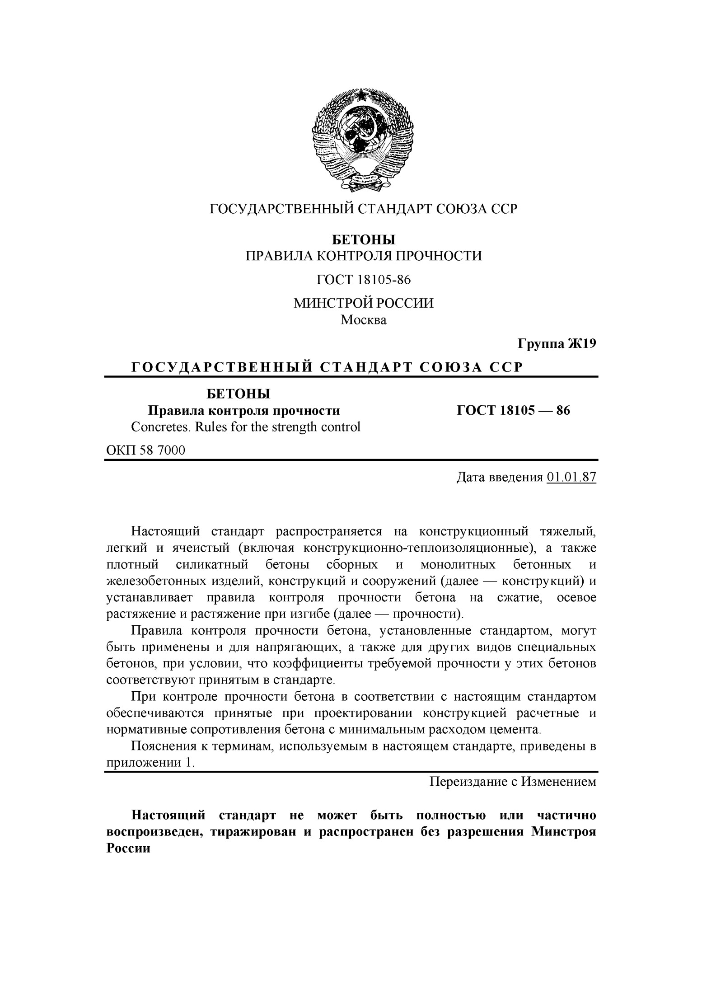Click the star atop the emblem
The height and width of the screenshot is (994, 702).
tap(363, 96)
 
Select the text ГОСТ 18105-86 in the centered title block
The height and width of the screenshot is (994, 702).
tap(364, 280)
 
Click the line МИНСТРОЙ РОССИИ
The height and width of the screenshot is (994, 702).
tap(364, 303)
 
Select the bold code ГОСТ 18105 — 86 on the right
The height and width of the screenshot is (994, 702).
tap(514, 410)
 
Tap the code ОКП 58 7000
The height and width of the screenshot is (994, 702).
tap(145, 450)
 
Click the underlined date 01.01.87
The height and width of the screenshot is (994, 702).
tap(571, 477)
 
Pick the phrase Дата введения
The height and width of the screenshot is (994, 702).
tap(499, 477)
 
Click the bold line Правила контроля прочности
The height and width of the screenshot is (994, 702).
tap(244, 410)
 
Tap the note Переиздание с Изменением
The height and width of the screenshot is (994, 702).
tap(512, 781)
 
